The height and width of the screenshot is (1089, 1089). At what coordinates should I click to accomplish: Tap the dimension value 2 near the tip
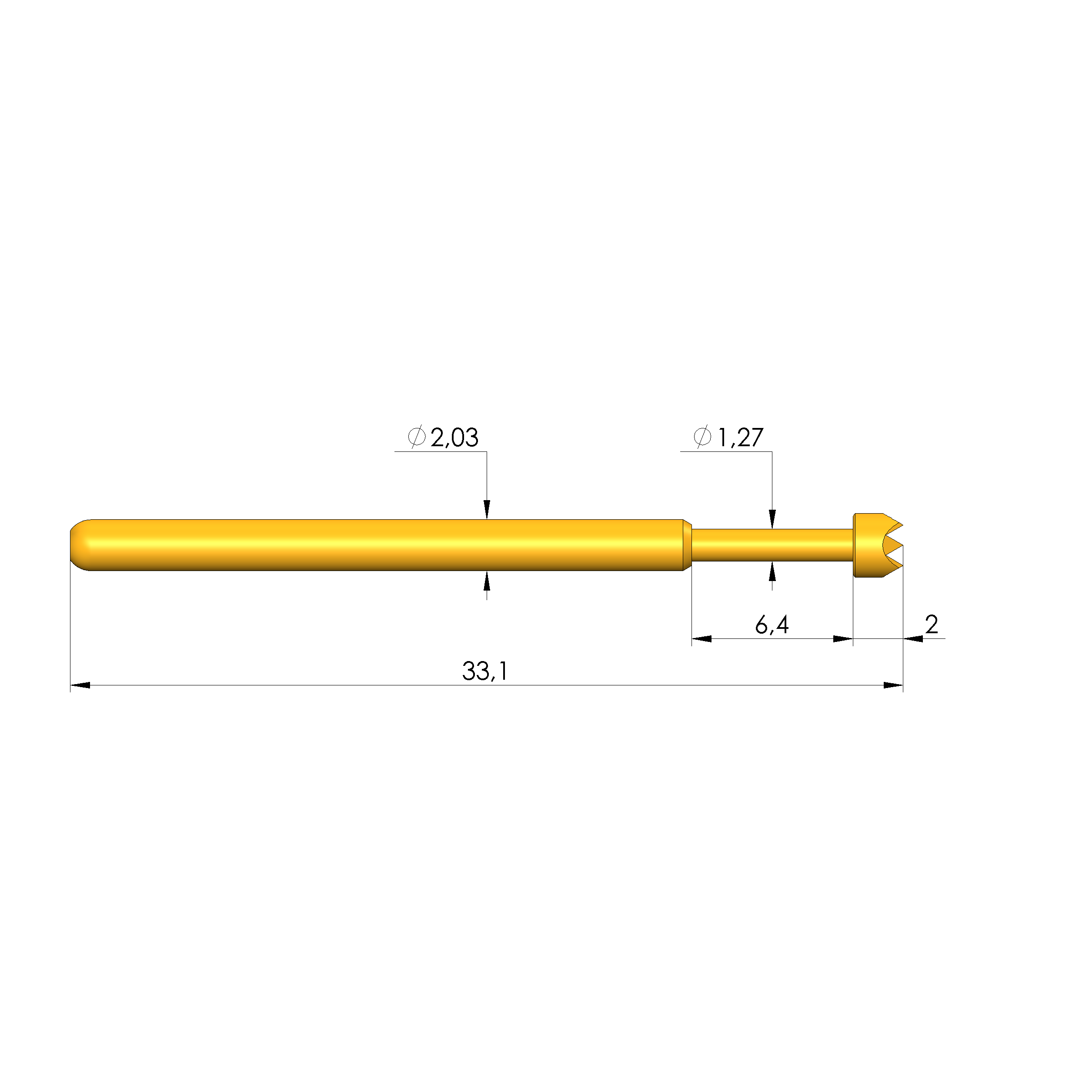tap(931, 625)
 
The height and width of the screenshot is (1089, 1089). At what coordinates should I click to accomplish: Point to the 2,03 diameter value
tap(454, 438)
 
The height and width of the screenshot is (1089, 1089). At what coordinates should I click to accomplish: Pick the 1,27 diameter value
tap(740, 438)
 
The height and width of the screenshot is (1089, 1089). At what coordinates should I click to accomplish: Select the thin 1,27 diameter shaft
tap(772, 545)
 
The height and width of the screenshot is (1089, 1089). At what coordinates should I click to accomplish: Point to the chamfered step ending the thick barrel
tap(687, 544)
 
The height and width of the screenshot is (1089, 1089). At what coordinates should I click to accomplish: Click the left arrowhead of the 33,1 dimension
tap(80, 685)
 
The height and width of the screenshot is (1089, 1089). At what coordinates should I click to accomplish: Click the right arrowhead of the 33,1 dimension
tap(893, 685)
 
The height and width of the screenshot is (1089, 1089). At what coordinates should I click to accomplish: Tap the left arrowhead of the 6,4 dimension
tap(702, 638)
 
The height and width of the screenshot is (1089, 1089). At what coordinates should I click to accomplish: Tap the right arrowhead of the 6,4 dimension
tap(843, 638)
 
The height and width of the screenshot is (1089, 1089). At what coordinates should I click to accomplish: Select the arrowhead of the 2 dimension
tap(913, 638)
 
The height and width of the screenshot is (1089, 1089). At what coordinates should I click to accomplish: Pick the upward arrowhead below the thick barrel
tap(487, 581)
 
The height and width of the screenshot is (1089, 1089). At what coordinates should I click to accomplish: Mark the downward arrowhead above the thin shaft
tap(772, 519)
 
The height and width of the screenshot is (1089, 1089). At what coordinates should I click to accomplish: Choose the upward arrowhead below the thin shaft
tap(772, 571)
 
